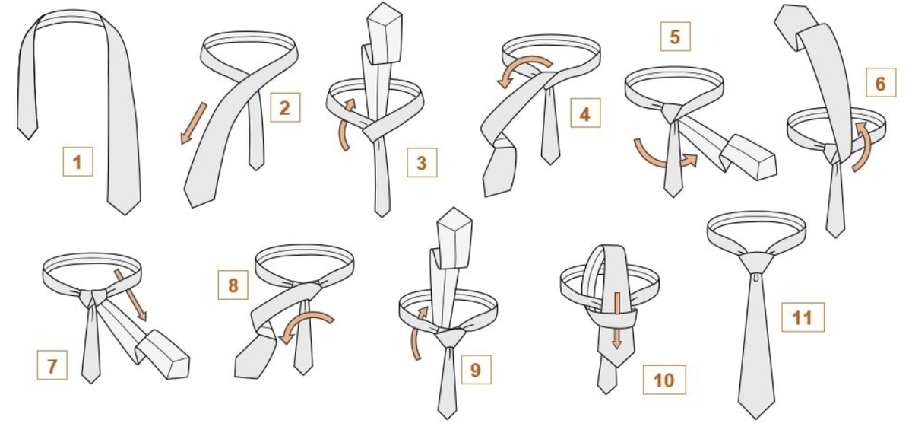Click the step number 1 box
click(78, 162)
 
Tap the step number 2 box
click(286, 107)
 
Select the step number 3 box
click(423, 163)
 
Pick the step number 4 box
click(585, 113)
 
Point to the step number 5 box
click(675, 37)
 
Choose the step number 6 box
click(881, 83)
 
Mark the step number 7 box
click(52, 365)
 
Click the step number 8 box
click(233, 285)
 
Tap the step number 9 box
click(476, 369)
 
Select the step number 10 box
click(664, 380)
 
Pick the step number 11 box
click(803, 317)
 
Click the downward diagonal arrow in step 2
click(194, 123)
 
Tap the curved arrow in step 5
click(662, 163)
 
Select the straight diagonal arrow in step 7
click(130, 295)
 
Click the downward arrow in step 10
click(617, 320)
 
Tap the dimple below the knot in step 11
click(756, 277)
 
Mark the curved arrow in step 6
click(864, 145)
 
